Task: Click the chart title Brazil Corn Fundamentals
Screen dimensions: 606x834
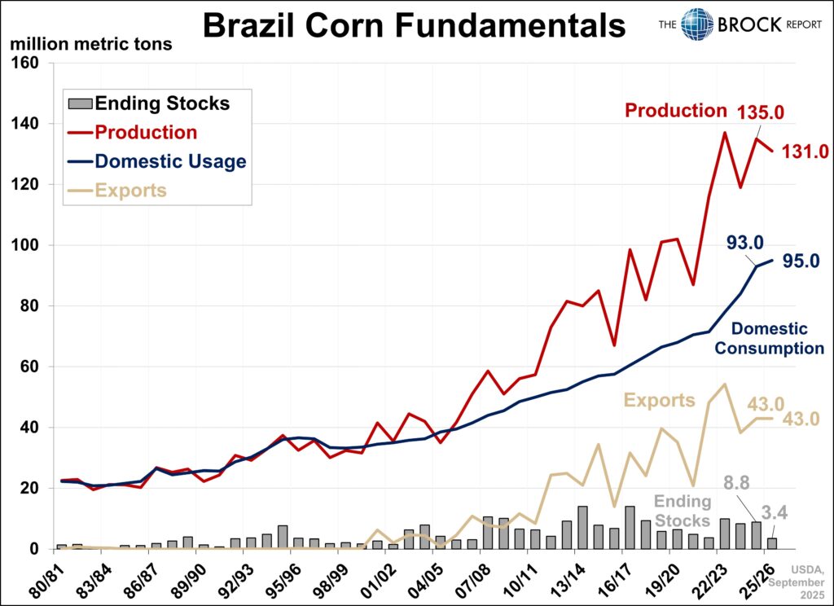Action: point(414,25)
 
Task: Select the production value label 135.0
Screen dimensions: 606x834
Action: point(762,112)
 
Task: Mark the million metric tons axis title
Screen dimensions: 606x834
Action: point(90,44)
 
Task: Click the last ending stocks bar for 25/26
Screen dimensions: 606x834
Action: point(772,543)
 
